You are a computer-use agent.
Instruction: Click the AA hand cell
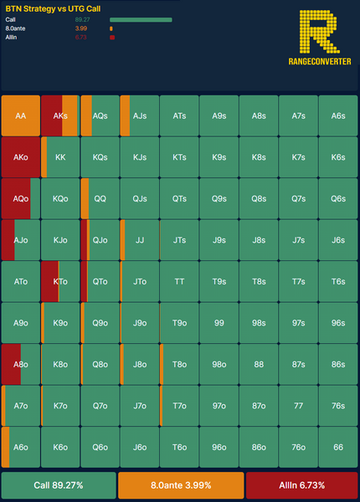click(x=21, y=115)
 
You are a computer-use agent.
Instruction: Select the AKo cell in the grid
click(x=21, y=157)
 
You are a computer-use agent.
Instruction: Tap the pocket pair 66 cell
click(x=338, y=447)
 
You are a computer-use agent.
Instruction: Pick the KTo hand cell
click(x=60, y=281)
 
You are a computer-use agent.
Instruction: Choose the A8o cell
click(x=21, y=364)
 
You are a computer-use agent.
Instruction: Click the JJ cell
click(x=140, y=240)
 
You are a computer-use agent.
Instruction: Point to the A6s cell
click(x=338, y=115)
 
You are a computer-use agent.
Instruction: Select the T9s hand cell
click(x=219, y=281)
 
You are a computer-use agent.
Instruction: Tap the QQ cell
click(x=100, y=198)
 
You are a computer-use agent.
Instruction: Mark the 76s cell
click(x=338, y=406)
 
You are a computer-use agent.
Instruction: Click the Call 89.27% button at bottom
click(x=59, y=485)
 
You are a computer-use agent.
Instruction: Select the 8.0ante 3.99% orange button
click(x=181, y=485)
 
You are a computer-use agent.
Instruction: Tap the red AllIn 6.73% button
click(x=302, y=485)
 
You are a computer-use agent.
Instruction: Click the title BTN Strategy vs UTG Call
click(x=54, y=8)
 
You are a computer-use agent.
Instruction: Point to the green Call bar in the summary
click(x=141, y=20)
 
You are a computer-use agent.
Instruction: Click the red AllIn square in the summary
click(x=112, y=38)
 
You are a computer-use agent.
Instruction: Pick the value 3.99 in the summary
click(x=81, y=28)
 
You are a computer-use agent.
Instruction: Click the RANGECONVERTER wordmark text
click(x=320, y=61)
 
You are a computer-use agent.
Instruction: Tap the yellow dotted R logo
click(x=319, y=32)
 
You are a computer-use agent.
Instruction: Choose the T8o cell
click(x=179, y=364)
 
